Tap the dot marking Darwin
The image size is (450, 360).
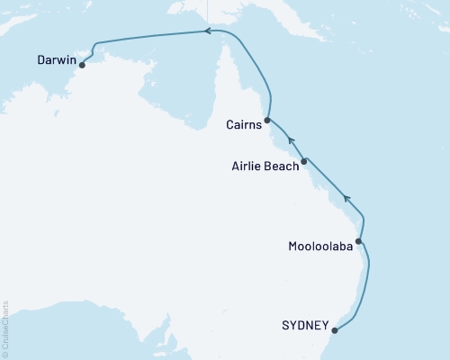tap(82, 65)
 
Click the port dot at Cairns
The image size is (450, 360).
tap(267, 119)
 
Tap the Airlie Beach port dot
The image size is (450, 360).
tap(304, 161)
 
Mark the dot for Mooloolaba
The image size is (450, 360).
tap(359, 241)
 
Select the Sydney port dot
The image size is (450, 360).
tap(334, 328)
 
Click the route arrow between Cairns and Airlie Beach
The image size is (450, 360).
tap(290, 140)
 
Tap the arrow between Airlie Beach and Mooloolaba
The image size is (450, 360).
tap(348, 198)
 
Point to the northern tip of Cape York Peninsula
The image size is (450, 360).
tap(220, 44)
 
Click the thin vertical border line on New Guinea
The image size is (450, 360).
tap(207, 11)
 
